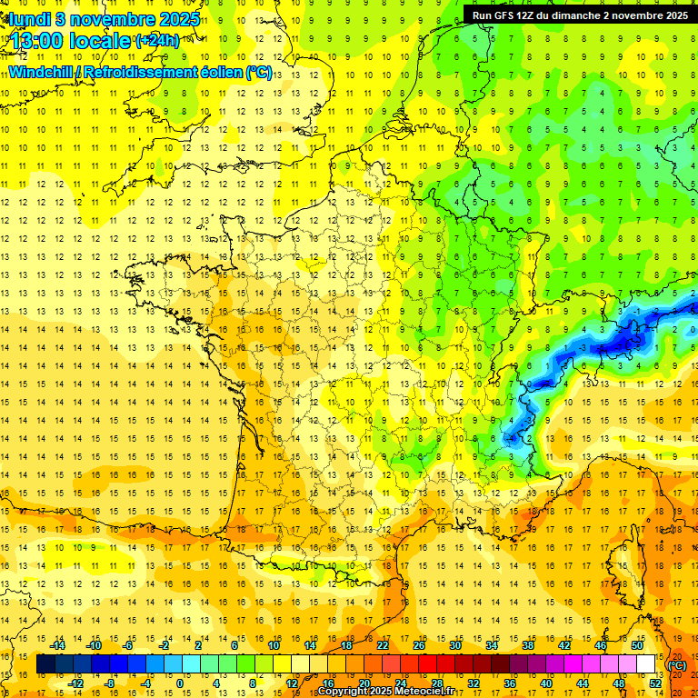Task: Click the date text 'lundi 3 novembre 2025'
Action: [101, 18]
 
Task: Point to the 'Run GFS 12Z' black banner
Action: [580, 15]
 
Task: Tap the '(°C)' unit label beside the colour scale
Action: [677, 665]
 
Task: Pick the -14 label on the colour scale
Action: [59, 645]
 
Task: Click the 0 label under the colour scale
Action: [180, 683]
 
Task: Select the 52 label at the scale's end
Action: [655, 683]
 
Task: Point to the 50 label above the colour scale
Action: [637, 645]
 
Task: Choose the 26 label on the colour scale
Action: [419, 645]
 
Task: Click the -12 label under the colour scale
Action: [76, 683]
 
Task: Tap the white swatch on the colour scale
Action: [646, 664]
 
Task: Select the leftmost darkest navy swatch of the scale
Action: [45, 664]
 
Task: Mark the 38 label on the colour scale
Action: [528, 645]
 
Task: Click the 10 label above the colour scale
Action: [274, 645]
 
